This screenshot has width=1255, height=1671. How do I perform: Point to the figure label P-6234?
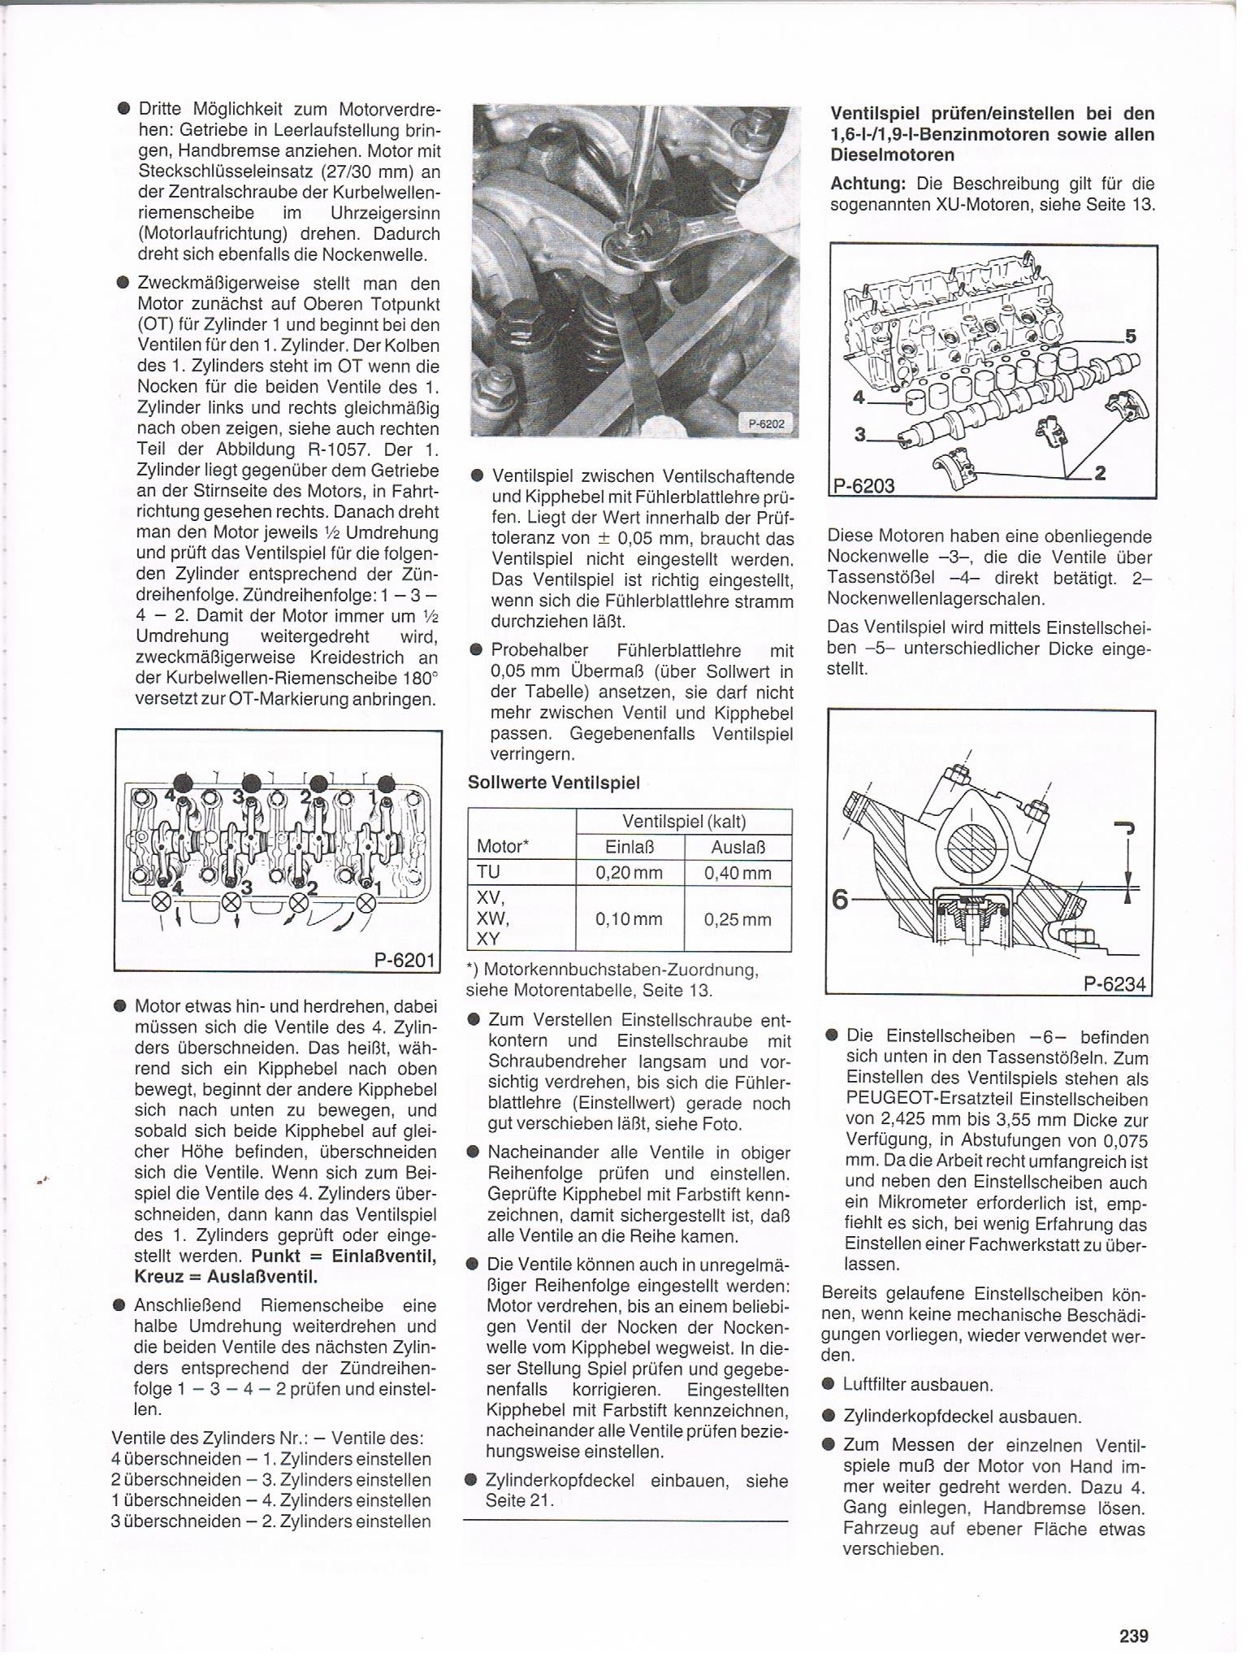pos(1114,984)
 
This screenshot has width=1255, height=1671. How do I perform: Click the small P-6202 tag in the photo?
pos(765,423)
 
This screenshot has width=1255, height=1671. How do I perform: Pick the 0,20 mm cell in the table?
pos(629,873)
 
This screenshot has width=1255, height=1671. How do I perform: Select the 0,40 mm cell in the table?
pos(738,873)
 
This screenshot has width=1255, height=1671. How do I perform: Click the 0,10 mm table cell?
pos(629,919)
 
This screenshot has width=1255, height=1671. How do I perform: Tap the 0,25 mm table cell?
pos(738,919)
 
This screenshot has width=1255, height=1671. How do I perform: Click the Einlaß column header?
pos(630,847)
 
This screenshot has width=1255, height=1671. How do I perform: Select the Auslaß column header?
pos(738,847)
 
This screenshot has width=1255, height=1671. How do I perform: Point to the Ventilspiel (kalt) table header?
pos(683,821)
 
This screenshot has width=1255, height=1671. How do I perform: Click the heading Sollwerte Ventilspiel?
pos(554,783)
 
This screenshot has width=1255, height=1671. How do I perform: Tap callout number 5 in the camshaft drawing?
pos(1130,336)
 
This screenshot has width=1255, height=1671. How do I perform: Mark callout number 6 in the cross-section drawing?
pos(841,900)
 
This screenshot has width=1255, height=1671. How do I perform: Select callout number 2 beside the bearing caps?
pos(1100,472)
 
